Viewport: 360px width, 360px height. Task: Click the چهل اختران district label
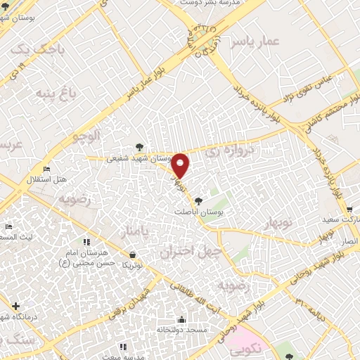pyautogui.click(x=191, y=251)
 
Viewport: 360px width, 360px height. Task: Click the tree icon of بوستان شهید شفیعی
pyautogui.click(x=140, y=146)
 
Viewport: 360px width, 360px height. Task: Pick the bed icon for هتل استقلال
pyautogui.click(x=46, y=169)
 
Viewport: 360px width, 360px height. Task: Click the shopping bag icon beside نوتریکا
pyautogui.click(x=133, y=254)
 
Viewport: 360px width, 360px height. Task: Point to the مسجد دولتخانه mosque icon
pyautogui.click(x=182, y=319)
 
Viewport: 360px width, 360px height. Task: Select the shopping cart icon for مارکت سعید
pyautogui.click(x=349, y=209)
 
